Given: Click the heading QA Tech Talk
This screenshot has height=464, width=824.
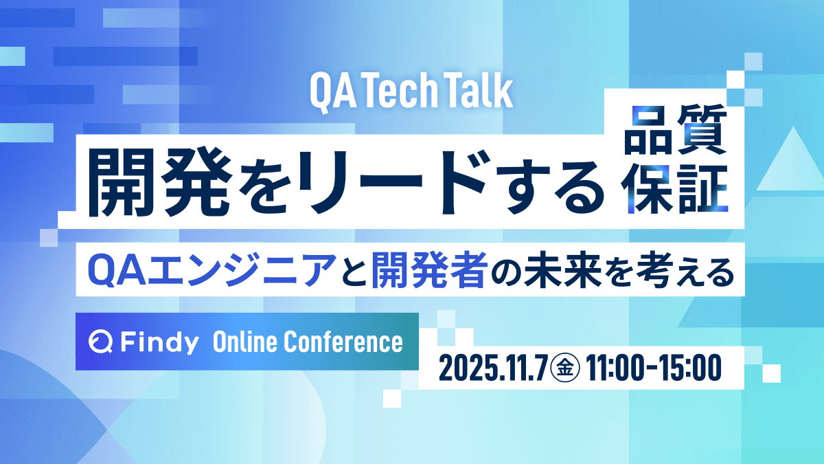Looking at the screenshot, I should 411,92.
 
